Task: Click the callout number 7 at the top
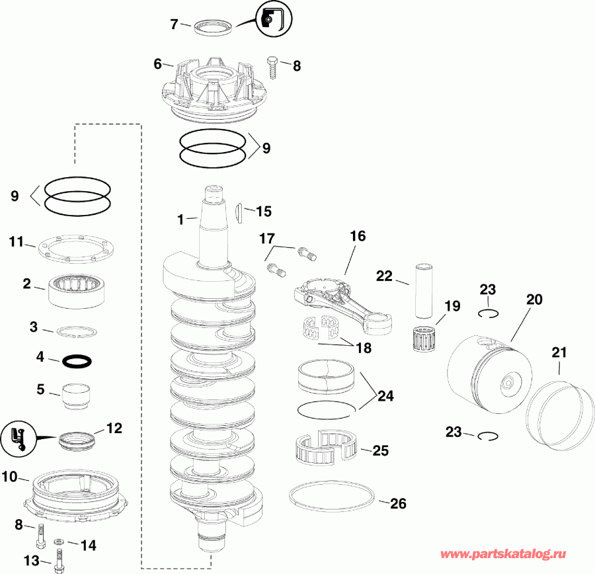coord(175,24)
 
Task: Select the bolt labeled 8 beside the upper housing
coord(273,65)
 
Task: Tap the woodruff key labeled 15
coord(239,212)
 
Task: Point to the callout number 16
coord(358,236)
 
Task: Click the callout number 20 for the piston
coord(534,300)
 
